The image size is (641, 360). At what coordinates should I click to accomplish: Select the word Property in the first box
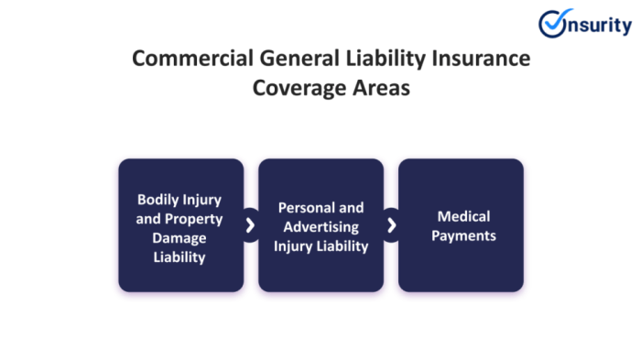(x=193, y=218)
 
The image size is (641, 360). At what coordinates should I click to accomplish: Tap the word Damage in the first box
(x=180, y=238)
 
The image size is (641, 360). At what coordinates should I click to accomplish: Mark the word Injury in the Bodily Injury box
(x=203, y=199)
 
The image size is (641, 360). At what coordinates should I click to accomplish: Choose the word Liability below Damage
(x=180, y=257)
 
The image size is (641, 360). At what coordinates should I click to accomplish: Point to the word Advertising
(x=320, y=226)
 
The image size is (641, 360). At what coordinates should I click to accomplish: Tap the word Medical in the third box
(x=463, y=217)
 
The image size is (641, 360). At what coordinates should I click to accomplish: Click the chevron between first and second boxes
(x=251, y=225)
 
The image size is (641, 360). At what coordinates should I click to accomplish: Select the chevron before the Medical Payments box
(x=391, y=225)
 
